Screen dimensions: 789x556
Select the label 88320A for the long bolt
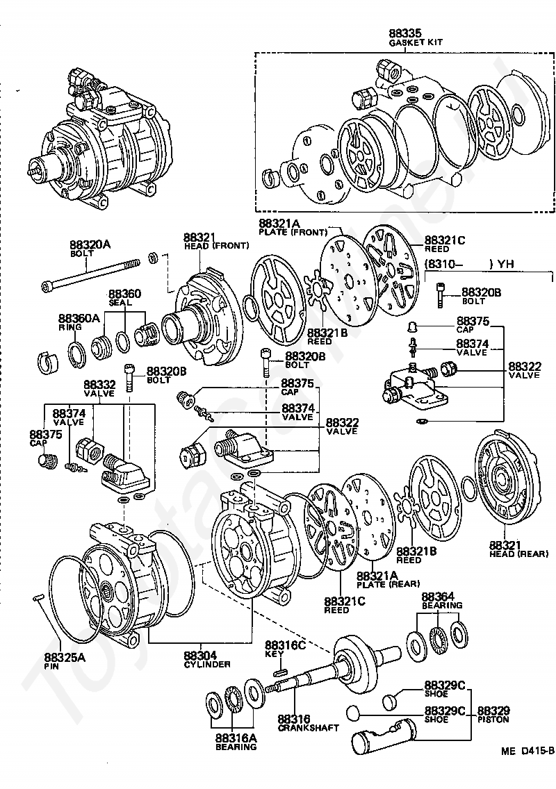(x=90, y=244)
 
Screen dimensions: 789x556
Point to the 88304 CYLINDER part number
(x=200, y=655)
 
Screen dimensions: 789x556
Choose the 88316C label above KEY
(x=285, y=645)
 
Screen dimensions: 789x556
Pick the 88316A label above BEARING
(x=235, y=738)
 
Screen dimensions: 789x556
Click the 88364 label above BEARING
(x=438, y=597)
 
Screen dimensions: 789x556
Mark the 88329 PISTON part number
(x=493, y=711)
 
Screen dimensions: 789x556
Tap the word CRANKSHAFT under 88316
(x=309, y=728)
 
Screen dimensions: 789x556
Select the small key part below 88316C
(x=281, y=670)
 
